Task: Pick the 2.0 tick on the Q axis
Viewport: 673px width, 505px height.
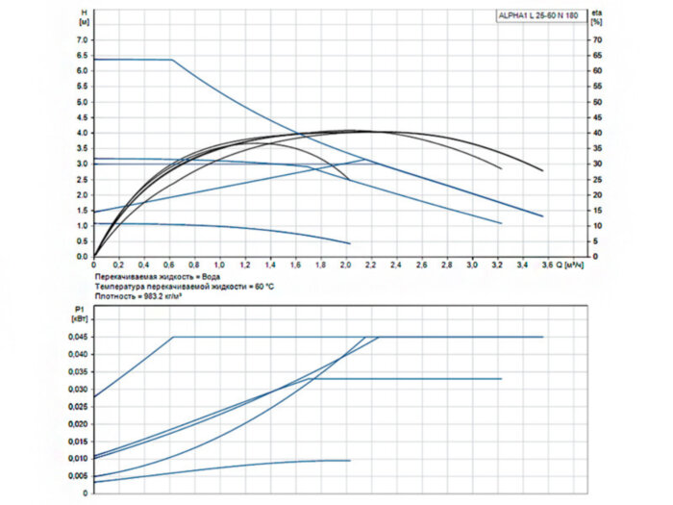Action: pyautogui.click(x=346, y=264)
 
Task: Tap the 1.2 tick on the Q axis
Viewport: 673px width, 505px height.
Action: pyautogui.click(x=245, y=264)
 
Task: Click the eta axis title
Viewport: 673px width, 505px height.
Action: pyautogui.click(x=596, y=11)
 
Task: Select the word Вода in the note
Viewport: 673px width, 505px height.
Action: pyautogui.click(x=210, y=275)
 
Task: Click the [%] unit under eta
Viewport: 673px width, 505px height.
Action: pyautogui.click(x=596, y=21)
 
